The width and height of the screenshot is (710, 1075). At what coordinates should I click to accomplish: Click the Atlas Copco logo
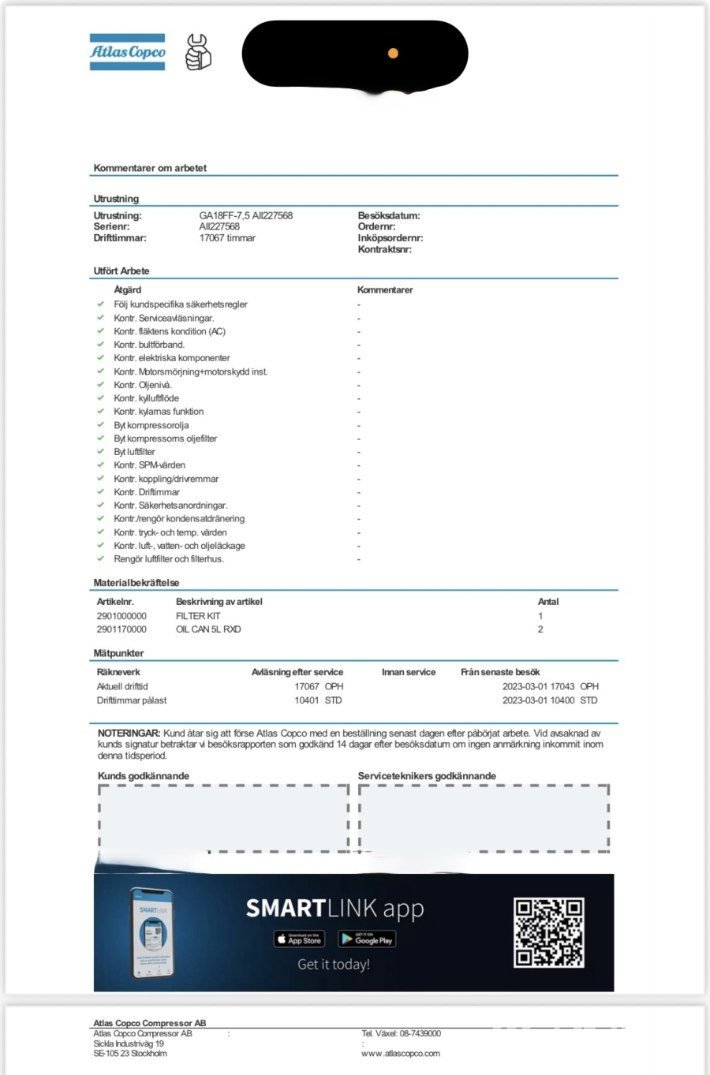127,52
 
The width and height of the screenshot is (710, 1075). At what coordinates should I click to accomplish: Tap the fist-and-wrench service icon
197,52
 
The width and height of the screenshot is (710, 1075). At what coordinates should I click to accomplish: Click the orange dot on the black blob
393,54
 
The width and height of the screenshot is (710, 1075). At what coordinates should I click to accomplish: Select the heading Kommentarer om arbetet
150,168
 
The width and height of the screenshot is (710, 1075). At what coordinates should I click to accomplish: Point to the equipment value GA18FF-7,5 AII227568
245,215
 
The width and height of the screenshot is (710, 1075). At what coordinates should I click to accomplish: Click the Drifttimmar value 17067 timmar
227,237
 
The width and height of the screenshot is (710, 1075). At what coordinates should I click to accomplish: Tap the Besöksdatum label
388,215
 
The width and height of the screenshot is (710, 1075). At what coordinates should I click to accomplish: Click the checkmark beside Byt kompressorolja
100,424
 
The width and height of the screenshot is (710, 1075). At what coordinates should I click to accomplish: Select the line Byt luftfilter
134,452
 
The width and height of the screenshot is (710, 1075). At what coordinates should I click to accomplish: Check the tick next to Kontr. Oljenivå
100,384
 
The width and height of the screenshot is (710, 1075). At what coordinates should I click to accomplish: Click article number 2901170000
121,629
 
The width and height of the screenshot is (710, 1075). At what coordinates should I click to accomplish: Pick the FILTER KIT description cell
198,616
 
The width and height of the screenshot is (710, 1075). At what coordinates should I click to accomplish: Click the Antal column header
547,602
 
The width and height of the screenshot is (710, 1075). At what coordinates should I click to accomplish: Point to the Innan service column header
408,672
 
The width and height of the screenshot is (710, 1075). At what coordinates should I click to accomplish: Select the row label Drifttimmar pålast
131,700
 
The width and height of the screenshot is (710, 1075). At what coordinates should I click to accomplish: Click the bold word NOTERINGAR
129,733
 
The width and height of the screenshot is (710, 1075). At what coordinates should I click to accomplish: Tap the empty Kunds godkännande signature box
223,818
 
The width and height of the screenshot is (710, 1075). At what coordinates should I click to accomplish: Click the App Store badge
299,939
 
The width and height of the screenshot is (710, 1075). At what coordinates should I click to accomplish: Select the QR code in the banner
548,932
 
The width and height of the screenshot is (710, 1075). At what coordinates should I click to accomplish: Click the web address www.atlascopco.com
400,1053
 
